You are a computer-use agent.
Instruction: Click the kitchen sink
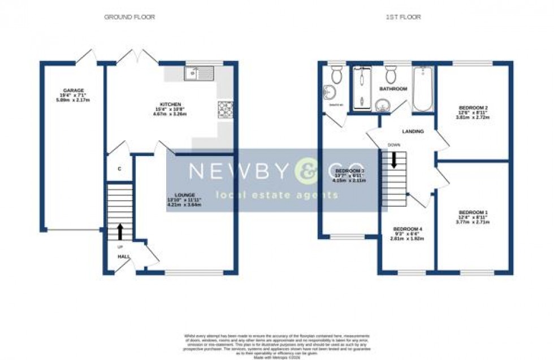(x=198, y=72)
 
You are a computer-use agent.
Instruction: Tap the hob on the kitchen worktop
(x=225, y=109)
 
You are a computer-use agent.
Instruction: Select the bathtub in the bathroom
(x=422, y=89)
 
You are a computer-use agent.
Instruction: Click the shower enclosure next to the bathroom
(x=361, y=88)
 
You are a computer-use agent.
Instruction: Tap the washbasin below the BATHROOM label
(x=383, y=104)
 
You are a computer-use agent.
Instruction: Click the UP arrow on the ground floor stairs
(x=120, y=231)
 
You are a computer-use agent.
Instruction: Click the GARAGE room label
(x=73, y=90)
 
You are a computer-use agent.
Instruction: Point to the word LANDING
(x=413, y=131)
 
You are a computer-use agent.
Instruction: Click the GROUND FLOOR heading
(x=129, y=17)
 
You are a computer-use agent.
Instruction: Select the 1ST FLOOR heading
(x=402, y=17)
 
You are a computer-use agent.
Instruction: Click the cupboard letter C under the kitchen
(x=119, y=169)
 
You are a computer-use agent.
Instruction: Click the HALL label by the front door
(x=124, y=257)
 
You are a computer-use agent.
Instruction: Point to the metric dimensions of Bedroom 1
(x=473, y=222)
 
